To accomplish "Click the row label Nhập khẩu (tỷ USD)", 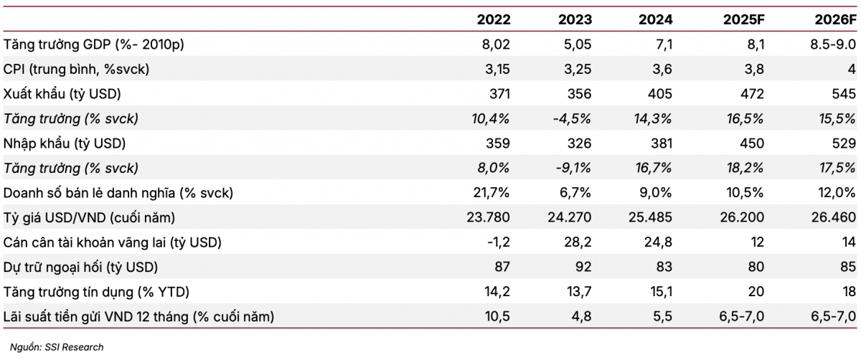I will (65, 143).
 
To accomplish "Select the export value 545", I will (843, 94).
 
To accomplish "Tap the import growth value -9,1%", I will (574, 169).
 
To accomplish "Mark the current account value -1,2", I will (499, 242).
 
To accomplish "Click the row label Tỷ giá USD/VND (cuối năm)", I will (90, 217).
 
